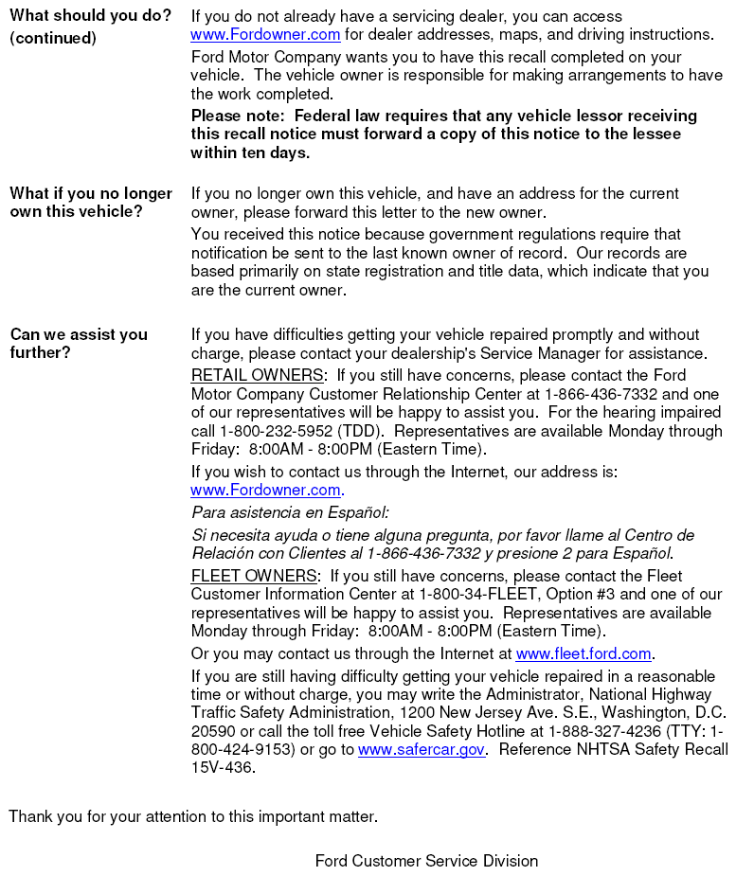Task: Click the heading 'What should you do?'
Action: tap(91, 16)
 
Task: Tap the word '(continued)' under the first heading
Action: tap(53, 38)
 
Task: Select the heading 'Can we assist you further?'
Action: tap(79, 343)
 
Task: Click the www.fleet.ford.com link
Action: tap(583, 653)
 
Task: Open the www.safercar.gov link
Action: tap(422, 749)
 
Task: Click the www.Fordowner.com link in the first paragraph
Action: tap(265, 35)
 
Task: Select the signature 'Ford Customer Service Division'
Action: tap(426, 861)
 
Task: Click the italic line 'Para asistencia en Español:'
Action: tap(290, 512)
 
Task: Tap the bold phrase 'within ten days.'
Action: tap(250, 152)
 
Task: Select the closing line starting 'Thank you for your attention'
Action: tap(193, 816)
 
